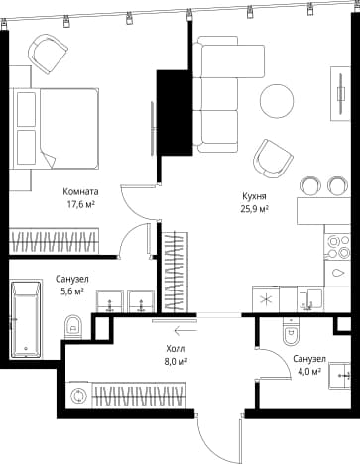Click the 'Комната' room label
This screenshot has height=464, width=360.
80,191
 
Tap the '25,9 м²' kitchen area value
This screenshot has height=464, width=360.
254,209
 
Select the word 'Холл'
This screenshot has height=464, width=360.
176,348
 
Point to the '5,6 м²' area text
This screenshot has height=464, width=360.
71,291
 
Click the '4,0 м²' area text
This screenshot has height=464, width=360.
309,372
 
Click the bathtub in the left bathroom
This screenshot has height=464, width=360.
27,319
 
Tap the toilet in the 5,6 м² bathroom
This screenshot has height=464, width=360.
73,327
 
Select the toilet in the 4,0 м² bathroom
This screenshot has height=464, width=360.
291,331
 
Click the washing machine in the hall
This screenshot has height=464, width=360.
79,396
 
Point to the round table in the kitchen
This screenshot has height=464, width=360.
277,101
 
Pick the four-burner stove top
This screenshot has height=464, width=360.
337,246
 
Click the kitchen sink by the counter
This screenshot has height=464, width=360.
310,299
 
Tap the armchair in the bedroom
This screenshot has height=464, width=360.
48,54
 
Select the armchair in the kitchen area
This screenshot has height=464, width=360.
273,159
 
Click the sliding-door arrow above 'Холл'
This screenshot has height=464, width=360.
185,330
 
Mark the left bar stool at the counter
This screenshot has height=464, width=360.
311,185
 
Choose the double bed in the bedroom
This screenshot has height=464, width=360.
55,129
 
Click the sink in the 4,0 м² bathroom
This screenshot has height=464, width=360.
339,376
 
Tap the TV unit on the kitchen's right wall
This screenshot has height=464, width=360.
340,94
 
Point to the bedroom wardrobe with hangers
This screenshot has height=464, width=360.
54,241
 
